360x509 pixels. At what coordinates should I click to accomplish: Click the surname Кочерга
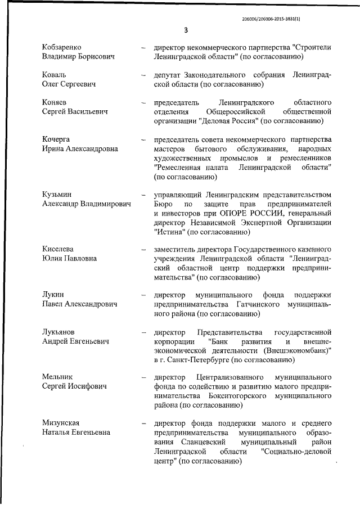pos(59,139)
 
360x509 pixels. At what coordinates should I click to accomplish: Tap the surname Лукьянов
pos(62,332)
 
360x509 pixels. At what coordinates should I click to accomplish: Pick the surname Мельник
pos(58,377)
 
